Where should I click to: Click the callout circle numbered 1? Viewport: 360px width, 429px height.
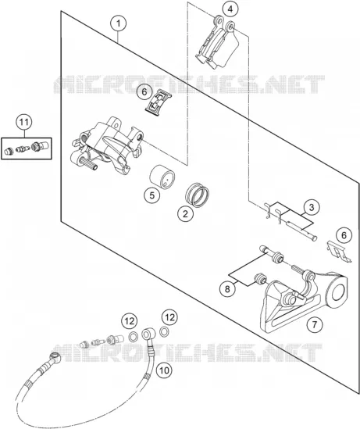119,23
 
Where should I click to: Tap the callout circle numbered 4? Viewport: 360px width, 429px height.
230,9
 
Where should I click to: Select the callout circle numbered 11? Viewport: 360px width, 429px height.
23,122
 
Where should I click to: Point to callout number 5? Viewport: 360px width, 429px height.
152,195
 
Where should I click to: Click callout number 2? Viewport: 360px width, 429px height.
185,213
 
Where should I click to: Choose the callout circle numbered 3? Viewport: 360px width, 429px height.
312,208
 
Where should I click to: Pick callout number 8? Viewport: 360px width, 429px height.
228,289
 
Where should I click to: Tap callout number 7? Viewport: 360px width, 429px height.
315,325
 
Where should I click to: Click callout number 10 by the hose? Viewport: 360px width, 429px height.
164,370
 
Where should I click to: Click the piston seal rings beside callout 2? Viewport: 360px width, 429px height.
197,195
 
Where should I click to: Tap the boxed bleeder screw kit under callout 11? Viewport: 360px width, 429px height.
27,148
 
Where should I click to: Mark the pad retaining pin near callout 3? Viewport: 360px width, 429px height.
300,230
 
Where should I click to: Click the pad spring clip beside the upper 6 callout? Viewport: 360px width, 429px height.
158,102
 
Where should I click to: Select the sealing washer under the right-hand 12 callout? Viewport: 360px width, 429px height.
164,331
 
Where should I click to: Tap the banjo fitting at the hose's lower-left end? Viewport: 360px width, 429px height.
55,357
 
